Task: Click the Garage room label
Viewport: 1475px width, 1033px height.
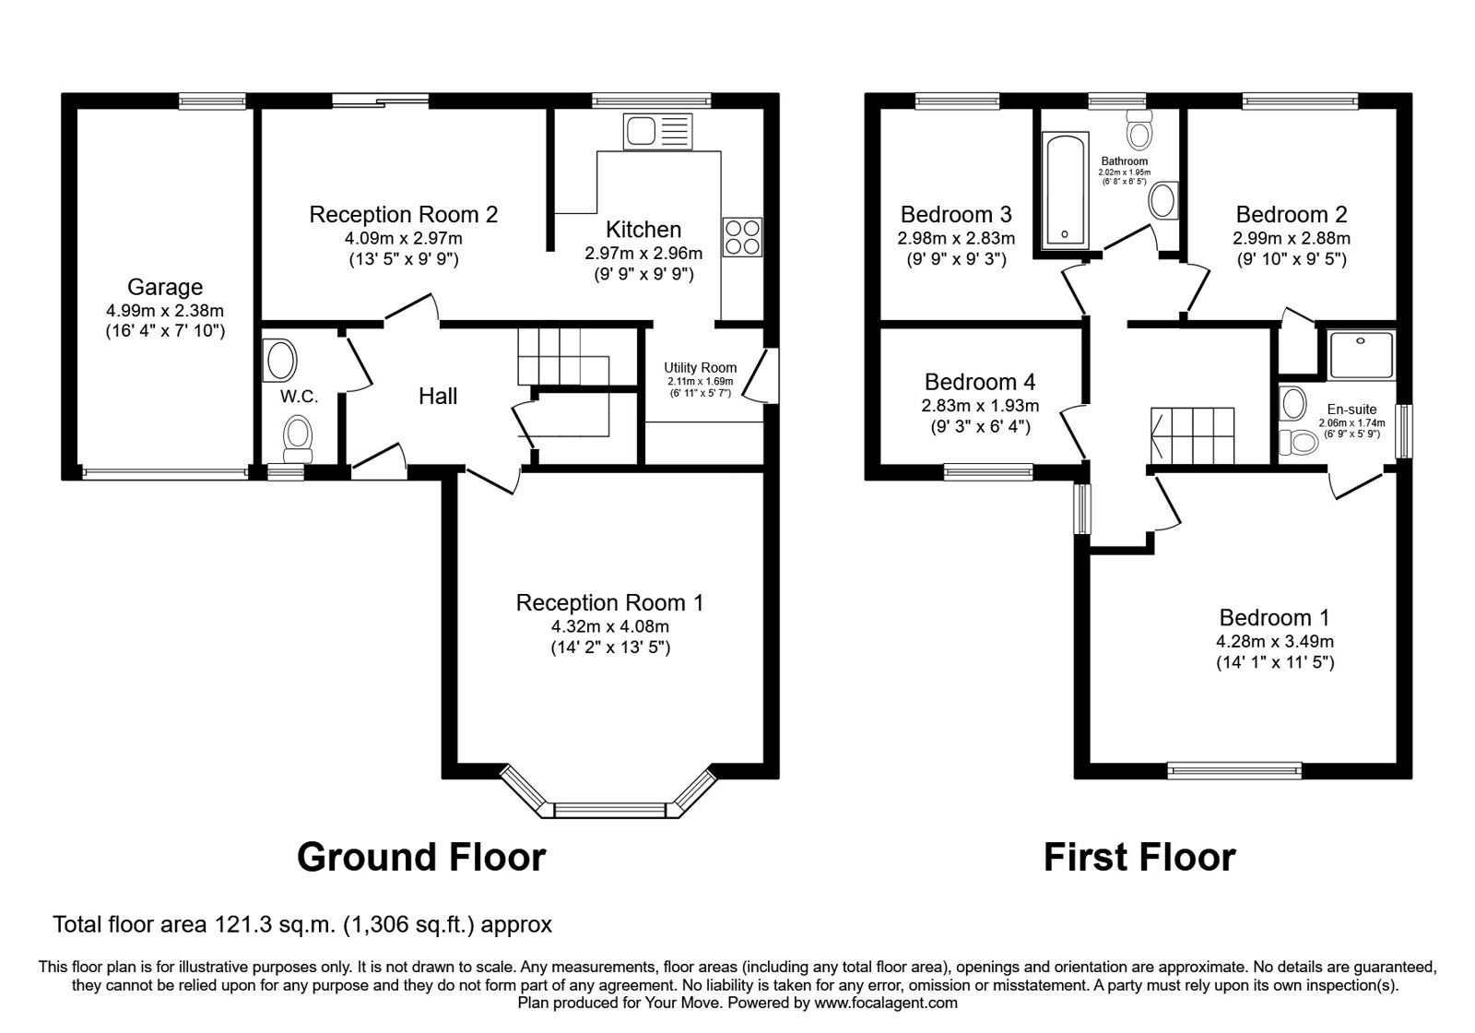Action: point(164,288)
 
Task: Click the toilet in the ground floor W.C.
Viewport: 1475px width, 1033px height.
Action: point(298,438)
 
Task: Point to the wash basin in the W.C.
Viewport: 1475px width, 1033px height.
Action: point(279,360)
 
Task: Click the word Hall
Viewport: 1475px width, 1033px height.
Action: point(438,397)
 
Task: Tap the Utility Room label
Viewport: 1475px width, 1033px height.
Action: point(701,368)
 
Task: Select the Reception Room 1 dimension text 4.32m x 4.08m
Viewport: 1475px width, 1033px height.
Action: point(609,627)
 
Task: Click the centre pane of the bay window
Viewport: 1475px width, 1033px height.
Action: point(609,810)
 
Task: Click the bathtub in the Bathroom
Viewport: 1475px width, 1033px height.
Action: point(1065,190)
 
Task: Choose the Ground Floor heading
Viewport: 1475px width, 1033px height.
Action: point(421,857)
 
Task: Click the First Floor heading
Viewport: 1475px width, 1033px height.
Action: point(1139,857)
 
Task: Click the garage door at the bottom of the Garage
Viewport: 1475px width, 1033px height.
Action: point(165,473)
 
